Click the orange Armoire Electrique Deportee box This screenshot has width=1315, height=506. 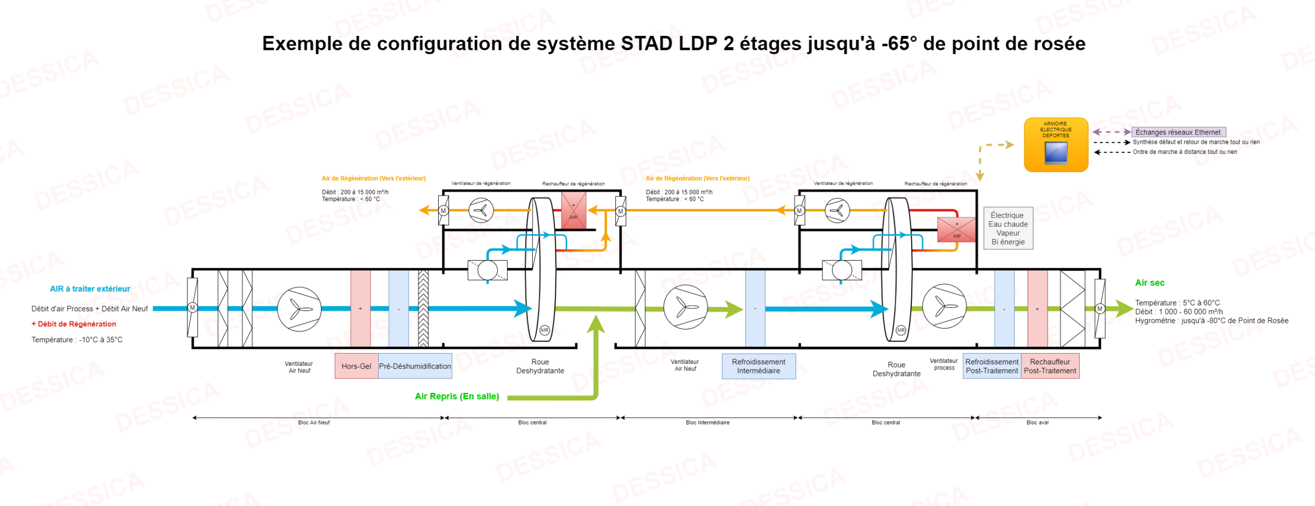(x=1056, y=144)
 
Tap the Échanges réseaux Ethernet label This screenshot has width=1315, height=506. (x=1178, y=132)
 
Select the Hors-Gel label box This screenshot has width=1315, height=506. (x=356, y=366)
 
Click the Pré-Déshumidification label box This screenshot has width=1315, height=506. (x=415, y=366)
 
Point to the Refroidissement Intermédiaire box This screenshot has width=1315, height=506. (x=758, y=366)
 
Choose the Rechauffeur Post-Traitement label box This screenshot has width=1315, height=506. (x=1050, y=366)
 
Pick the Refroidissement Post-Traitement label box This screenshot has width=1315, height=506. (x=992, y=366)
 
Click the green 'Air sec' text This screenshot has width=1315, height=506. (x=1150, y=283)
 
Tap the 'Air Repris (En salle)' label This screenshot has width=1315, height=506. (x=457, y=396)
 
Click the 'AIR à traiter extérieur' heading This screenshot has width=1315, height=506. (x=90, y=289)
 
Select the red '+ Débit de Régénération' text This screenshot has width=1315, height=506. (x=74, y=324)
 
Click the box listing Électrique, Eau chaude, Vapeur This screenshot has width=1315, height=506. (x=1008, y=228)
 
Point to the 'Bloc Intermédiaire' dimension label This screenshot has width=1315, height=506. (x=707, y=422)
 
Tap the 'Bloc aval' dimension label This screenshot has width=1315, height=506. (x=1037, y=422)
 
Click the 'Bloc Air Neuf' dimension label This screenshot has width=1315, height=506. (x=314, y=422)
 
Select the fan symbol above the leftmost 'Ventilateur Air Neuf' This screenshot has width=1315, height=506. (x=299, y=309)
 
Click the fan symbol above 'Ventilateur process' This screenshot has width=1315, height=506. (x=944, y=306)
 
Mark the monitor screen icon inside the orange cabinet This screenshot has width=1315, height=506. (x=1056, y=152)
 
